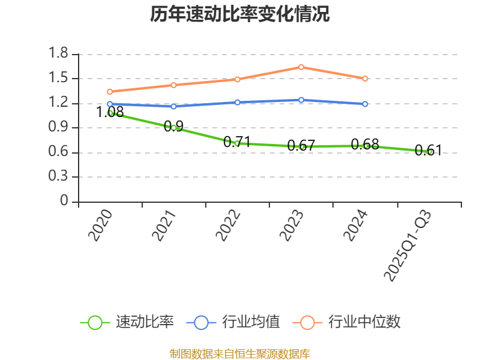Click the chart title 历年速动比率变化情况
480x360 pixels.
[x=240, y=14]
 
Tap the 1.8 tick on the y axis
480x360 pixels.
[x=59, y=54]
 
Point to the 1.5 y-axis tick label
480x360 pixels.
[x=59, y=78]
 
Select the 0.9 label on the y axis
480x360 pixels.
[x=59, y=128]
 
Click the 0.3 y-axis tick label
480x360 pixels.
[x=59, y=177]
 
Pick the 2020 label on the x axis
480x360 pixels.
[x=101, y=226]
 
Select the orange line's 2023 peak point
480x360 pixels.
[x=301, y=67]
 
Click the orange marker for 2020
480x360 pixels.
[x=110, y=92]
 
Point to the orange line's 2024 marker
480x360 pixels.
[x=365, y=79]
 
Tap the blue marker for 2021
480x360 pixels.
[x=174, y=107]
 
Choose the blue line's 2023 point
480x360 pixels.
[x=301, y=100]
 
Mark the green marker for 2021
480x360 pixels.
[x=174, y=128]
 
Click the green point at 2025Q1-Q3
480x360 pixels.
[x=429, y=152]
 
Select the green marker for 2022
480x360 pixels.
[x=238, y=143]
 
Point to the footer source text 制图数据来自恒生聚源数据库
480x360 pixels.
[x=240, y=353]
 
